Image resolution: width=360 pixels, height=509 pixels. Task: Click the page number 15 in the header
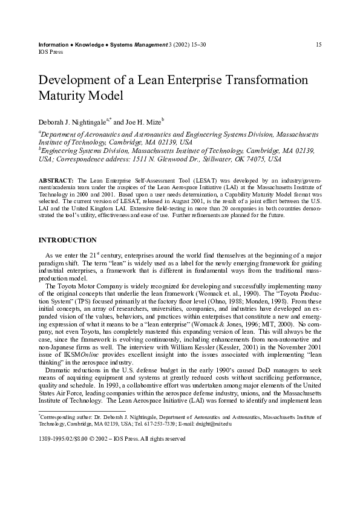coord(318,45)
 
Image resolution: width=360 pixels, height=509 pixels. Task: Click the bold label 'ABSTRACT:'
coord(56,181)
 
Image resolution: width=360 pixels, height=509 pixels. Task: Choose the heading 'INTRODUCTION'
coord(67,241)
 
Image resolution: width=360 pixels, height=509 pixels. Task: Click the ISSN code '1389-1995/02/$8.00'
coord(63,439)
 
